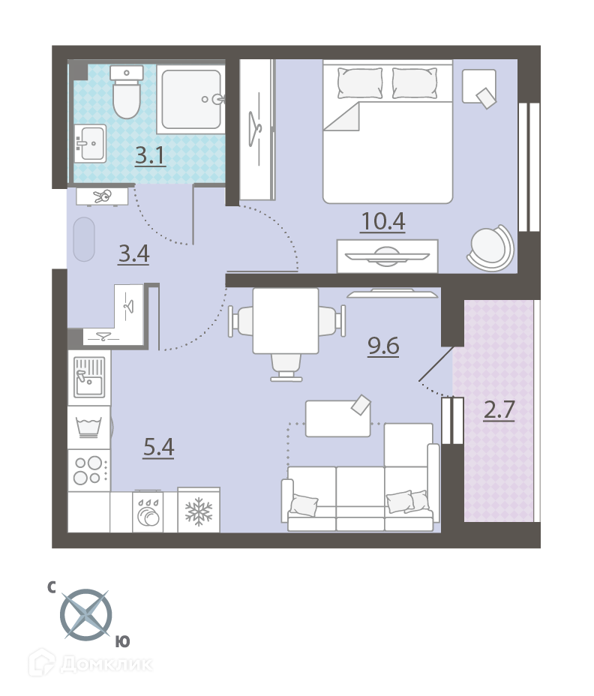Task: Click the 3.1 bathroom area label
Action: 151,156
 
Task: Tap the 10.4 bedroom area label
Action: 383,221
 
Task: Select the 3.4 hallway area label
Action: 133,254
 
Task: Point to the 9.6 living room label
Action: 383,346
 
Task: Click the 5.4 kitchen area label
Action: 158,447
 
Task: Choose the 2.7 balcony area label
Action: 499,409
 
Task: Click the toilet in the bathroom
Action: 127,92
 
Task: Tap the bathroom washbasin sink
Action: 91,143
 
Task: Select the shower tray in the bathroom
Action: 191,100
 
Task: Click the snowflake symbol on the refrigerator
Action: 199,511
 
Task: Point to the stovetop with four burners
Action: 88,470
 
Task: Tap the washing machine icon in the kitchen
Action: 89,427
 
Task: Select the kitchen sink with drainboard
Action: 89,378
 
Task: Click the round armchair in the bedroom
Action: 490,247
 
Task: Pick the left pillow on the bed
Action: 360,83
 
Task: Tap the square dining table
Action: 286,321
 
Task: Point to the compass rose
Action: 86,615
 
